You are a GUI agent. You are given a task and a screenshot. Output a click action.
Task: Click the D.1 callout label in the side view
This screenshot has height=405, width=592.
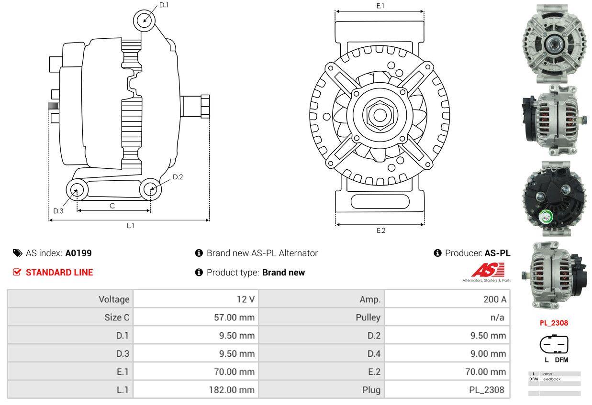tap(164, 5)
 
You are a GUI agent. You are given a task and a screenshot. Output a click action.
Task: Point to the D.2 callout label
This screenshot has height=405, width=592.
tap(178, 177)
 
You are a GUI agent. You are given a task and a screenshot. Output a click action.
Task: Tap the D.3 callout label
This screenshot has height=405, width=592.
tap(58, 211)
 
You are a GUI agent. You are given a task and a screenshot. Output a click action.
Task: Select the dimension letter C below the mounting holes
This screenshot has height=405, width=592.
tap(112, 206)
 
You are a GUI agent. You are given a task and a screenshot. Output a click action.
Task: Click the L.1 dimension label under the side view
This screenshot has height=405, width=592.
tap(130, 226)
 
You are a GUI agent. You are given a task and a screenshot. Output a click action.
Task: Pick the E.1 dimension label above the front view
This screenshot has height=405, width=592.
tap(380, 6)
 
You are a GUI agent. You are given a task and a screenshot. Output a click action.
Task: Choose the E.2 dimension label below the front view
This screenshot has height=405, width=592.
tap(380, 230)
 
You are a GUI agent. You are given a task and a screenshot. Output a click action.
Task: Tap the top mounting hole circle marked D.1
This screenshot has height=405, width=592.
tap(144, 21)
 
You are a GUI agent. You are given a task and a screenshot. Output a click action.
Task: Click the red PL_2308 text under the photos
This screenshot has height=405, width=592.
tap(554, 323)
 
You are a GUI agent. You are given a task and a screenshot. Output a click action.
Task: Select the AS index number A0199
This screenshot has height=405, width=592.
tap(78, 253)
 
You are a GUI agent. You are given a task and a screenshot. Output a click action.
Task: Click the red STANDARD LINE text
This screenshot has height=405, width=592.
tap(59, 273)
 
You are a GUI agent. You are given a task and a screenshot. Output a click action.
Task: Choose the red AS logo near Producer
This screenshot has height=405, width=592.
tap(488, 271)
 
